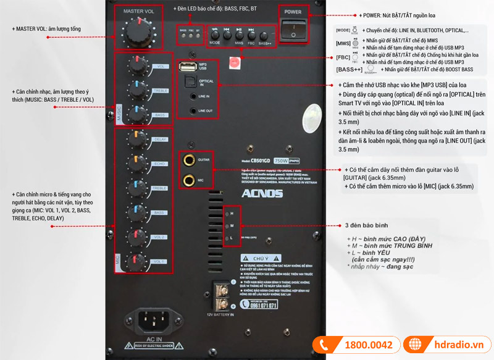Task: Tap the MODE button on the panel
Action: (x=215, y=35)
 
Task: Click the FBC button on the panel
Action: (x=251, y=35)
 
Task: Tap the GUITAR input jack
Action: (x=189, y=162)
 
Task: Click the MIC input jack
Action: (x=189, y=180)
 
